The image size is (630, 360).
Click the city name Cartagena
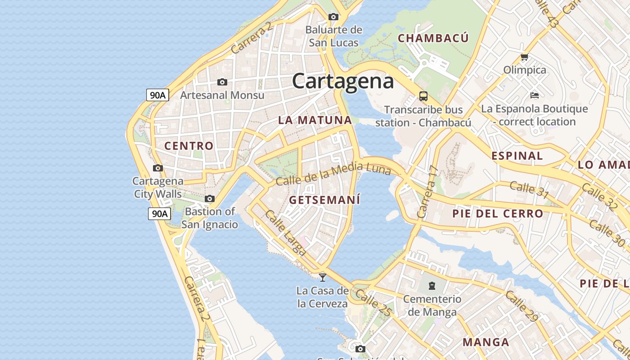pyautogui.click(x=343, y=81)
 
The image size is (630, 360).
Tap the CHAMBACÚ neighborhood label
pyautogui.click(x=433, y=38)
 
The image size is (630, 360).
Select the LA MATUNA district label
pyautogui.click(x=315, y=120)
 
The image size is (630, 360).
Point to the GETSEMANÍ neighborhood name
pyautogui.click(x=325, y=200)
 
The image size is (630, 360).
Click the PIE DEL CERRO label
pyautogui.click(x=498, y=213)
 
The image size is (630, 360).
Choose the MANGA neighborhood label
pyautogui.click(x=486, y=342)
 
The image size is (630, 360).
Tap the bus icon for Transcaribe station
pyautogui.click(x=423, y=96)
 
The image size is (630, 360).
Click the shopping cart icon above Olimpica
pyautogui.click(x=524, y=57)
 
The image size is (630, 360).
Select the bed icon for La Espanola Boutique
pyautogui.click(x=535, y=95)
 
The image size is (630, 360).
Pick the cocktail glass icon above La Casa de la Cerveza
pyautogui.click(x=323, y=277)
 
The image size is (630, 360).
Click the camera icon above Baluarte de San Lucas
pyautogui.click(x=333, y=17)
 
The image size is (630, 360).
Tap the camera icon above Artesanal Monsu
pyautogui.click(x=222, y=82)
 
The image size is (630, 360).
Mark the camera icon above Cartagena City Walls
pyautogui.click(x=157, y=168)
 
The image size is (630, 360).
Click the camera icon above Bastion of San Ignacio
pyautogui.click(x=210, y=198)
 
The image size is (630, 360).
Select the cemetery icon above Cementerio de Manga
pyautogui.click(x=432, y=285)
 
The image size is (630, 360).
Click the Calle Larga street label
pyautogui.click(x=285, y=233)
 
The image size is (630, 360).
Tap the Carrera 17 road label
pyautogui.click(x=428, y=192)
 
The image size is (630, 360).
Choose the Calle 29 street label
pyautogui.click(x=522, y=306)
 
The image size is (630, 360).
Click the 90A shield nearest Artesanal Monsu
pyautogui.click(x=157, y=95)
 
